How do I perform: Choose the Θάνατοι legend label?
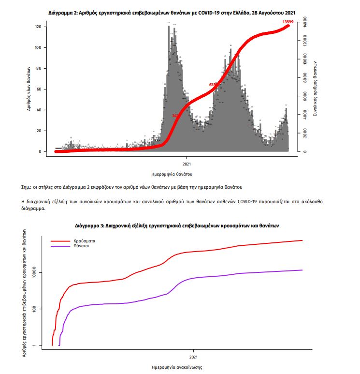(x=82, y=246)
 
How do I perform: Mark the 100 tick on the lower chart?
(x=42, y=309)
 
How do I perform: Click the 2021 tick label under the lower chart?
(x=193, y=357)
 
